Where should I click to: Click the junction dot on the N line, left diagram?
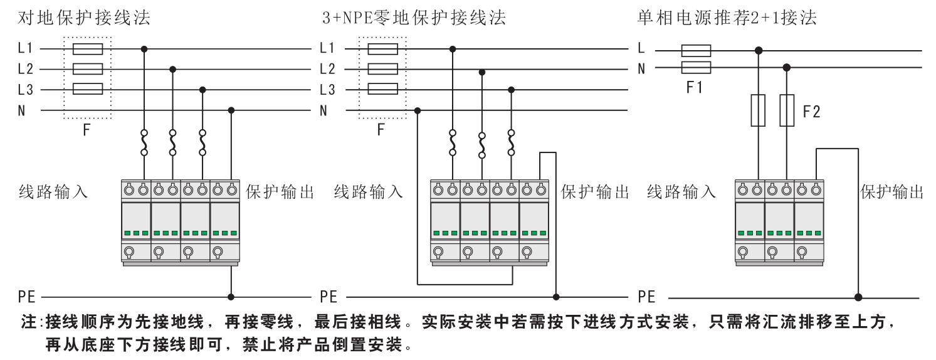click(231, 110)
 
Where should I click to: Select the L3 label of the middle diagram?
click(328, 90)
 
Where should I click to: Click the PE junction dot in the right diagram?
click(858, 295)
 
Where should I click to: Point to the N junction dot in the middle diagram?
click(418, 110)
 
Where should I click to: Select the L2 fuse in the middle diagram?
click(382, 69)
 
